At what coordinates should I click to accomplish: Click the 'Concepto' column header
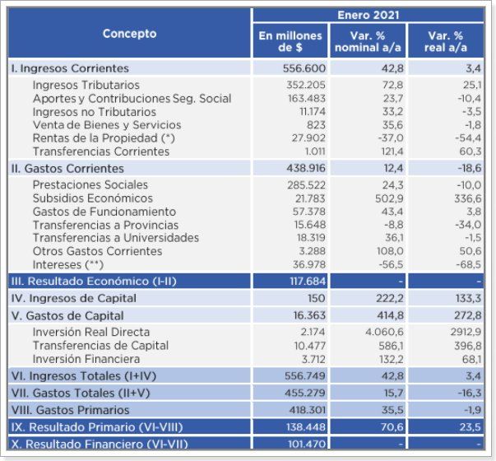pyautogui.click(x=129, y=34)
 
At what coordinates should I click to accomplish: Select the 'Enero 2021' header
pyautogui.click(x=368, y=15)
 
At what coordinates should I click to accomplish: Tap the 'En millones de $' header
pyautogui.click(x=290, y=42)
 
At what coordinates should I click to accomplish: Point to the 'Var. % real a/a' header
pyautogui.click(x=446, y=42)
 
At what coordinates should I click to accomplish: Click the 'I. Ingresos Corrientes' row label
pyautogui.click(x=70, y=68)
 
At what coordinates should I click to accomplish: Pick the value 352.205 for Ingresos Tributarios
pyautogui.click(x=304, y=85)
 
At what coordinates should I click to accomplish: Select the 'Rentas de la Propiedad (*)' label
pyautogui.click(x=104, y=138)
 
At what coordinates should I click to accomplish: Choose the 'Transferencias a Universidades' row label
pyautogui.click(x=115, y=238)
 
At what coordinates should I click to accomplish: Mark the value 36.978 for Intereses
pyautogui.click(x=307, y=264)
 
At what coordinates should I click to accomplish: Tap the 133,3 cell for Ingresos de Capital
pyautogui.click(x=467, y=298)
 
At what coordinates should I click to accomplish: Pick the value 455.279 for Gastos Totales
pyautogui.click(x=304, y=393)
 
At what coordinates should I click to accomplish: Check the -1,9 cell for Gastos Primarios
pyautogui.click(x=471, y=410)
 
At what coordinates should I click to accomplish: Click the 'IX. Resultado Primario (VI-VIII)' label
pyautogui.click(x=96, y=427)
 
